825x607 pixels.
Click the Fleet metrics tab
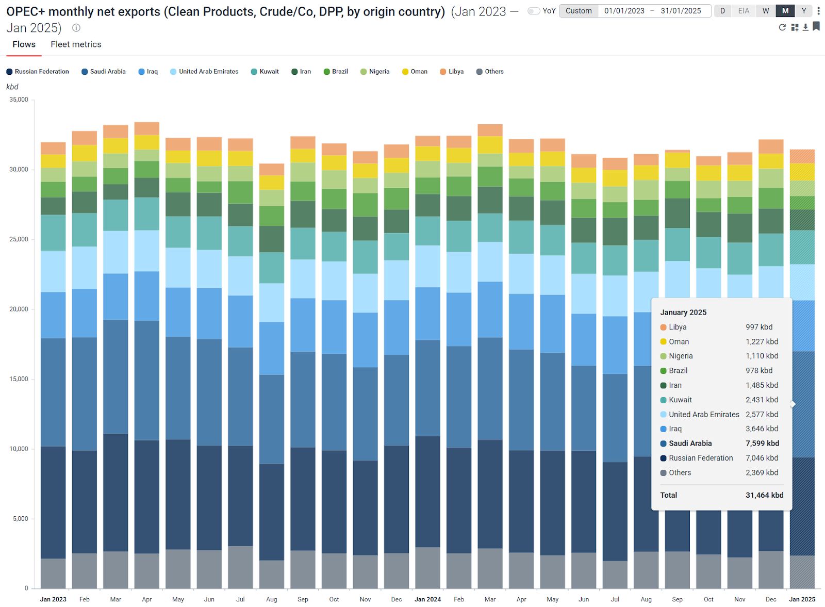coord(76,44)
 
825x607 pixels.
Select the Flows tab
coord(24,44)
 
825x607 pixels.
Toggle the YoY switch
coord(534,11)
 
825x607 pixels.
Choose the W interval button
coord(766,11)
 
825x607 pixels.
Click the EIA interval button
coord(744,11)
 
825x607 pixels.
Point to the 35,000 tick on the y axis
coord(19,100)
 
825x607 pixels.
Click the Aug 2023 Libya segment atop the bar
coord(271,170)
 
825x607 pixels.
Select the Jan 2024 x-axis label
coord(427,599)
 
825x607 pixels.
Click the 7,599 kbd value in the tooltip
coord(762,444)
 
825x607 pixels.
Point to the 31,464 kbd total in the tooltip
coord(764,495)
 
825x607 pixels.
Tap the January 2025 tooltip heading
coord(683,313)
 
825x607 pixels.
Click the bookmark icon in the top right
coord(816,26)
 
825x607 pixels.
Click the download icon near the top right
coord(805,27)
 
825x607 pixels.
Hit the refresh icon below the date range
coord(782,27)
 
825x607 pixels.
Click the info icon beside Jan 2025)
coord(76,28)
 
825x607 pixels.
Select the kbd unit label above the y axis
coord(12,87)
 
